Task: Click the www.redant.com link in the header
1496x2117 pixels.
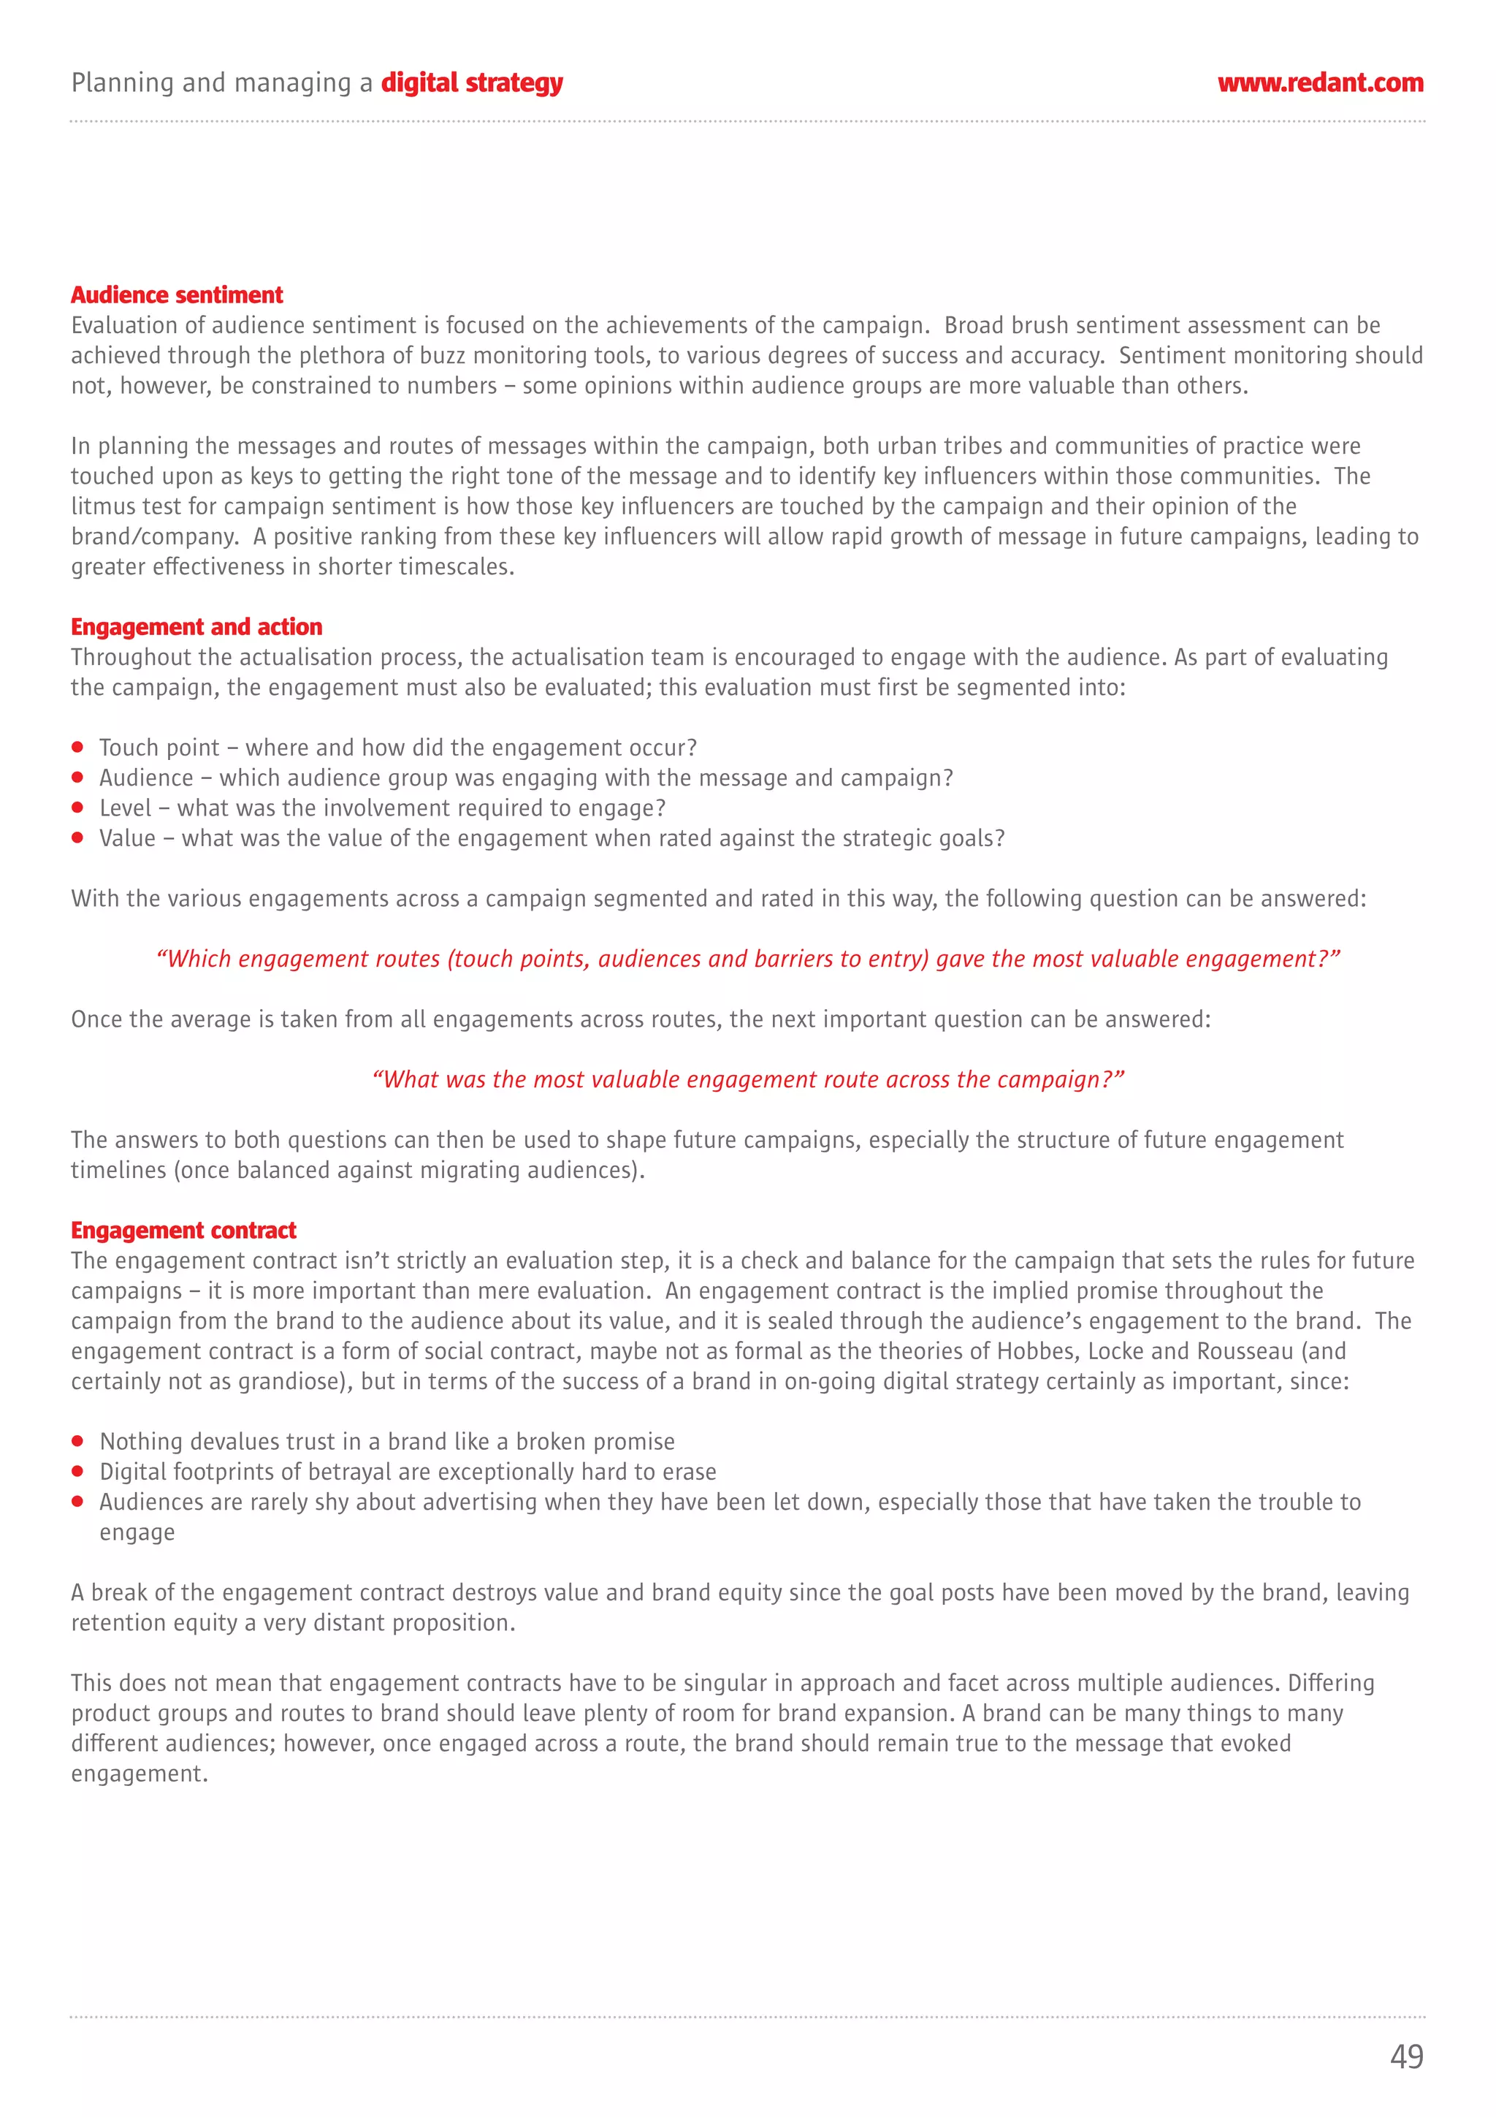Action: pos(1320,83)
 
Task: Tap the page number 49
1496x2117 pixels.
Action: pos(1405,2056)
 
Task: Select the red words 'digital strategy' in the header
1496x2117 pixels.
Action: pos(471,83)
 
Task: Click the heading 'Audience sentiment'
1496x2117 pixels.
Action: pos(177,295)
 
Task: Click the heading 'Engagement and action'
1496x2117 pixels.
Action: pos(196,627)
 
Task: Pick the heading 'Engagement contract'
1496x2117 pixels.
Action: pos(183,1230)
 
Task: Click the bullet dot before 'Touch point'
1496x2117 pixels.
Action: pos(78,747)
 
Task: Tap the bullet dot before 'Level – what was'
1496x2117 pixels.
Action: pos(78,807)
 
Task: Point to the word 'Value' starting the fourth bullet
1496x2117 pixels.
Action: pos(127,838)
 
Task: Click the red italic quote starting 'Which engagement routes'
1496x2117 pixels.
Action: pos(747,959)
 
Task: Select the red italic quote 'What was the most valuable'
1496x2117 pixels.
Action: pos(747,1080)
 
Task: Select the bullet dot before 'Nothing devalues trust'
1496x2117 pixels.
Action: pos(78,1441)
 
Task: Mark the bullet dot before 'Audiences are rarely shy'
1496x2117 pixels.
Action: pos(78,1501)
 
